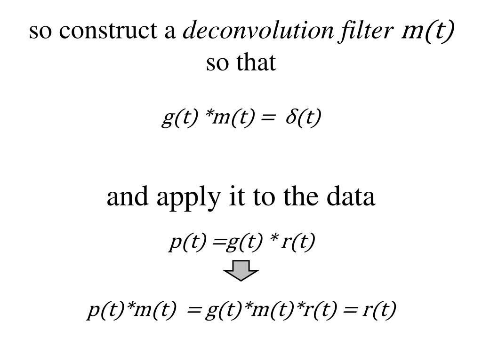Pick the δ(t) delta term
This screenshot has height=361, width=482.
coord(303,118)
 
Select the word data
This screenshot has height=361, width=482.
coord(353,197)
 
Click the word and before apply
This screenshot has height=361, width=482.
coord(125,197)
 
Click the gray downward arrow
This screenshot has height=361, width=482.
coord(241,272)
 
